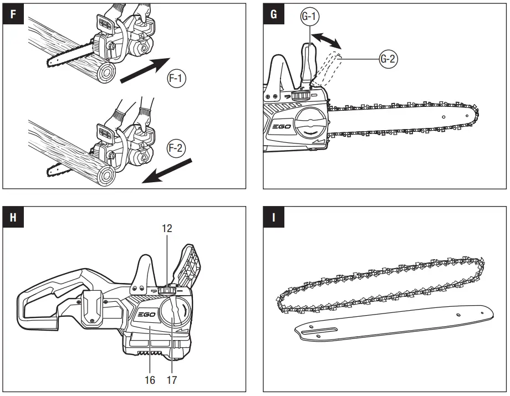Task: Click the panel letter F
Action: (13, 14)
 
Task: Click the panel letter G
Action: (273, 14)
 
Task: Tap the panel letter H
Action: (13, 217)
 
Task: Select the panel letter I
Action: (273, 217)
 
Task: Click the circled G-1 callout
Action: (308, 17)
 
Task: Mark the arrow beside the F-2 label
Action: (167, 171)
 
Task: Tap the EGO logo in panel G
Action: (282, 126)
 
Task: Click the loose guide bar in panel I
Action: (394, 321)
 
